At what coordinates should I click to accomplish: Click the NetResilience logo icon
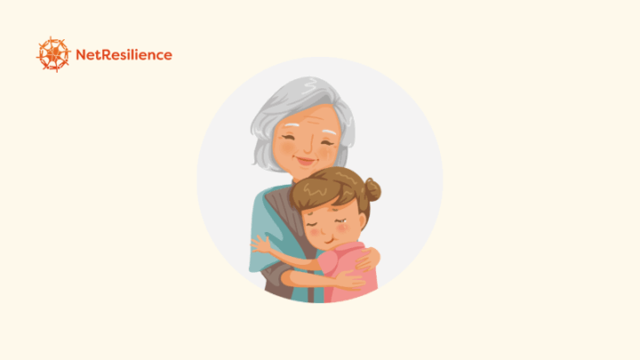coord(53,54)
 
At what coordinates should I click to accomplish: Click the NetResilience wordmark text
coord(124,55)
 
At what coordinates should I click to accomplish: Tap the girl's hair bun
coord(372,189)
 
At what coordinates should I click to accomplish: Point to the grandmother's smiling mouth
coord(306,160)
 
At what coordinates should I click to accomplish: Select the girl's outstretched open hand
coord(260,244)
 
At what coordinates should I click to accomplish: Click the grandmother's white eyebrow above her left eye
coord(330,132)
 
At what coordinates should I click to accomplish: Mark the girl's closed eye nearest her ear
coord(342,220)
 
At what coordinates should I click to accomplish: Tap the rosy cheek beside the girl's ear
coord(345,228)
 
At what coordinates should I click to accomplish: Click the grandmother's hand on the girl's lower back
coord(350,281)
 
